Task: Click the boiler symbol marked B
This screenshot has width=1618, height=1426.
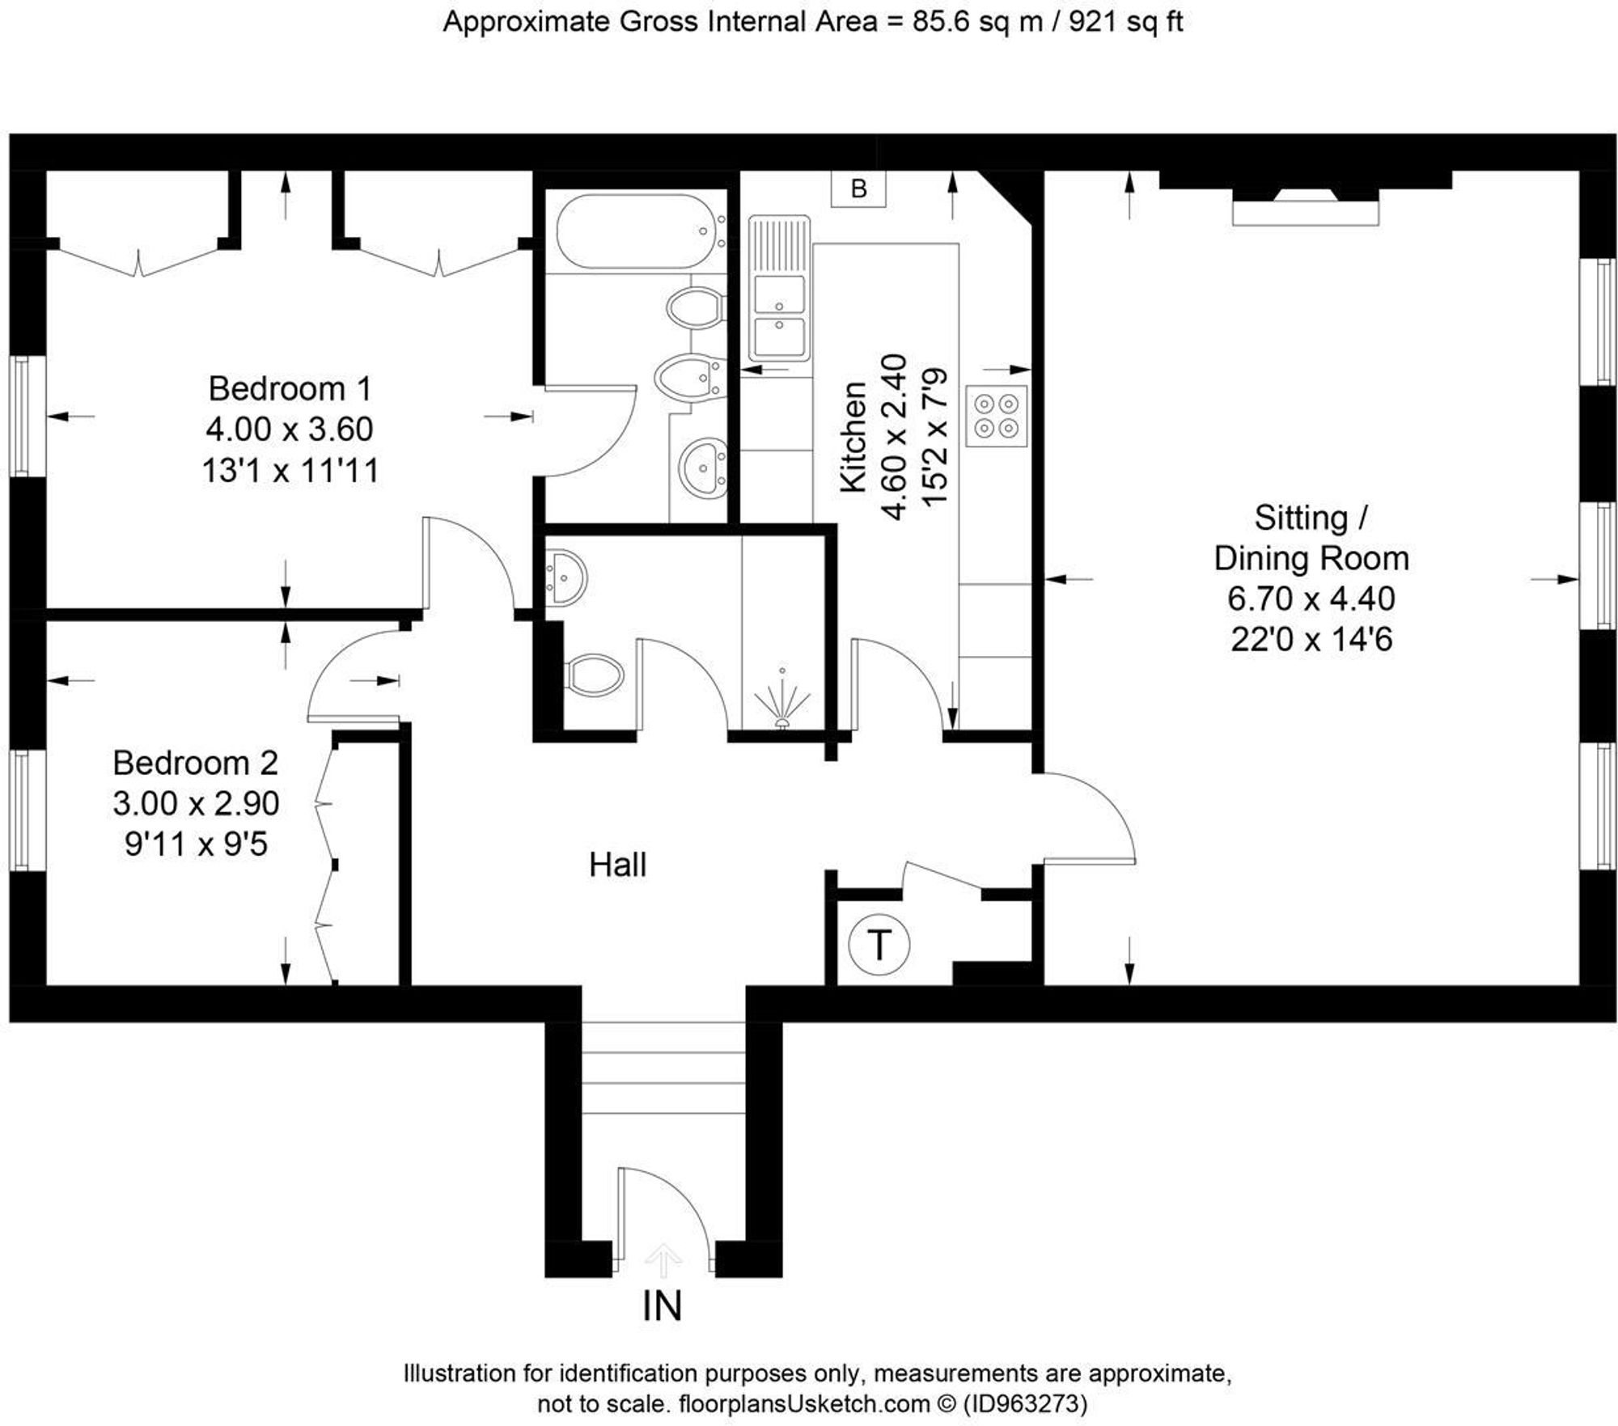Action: tap(858, 189)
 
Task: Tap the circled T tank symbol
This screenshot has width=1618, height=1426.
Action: tap(879, 944)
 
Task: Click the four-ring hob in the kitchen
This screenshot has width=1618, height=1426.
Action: tap(996, 416)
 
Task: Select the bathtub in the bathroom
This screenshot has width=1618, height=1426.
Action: tap(635, 231)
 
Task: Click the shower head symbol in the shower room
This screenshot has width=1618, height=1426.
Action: tap(781, 700)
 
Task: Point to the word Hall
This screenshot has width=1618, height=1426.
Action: tap(617, 865)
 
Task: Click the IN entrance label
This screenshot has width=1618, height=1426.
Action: tap(662, 1306)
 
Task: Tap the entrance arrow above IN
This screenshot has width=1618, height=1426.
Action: tap(663, 1260)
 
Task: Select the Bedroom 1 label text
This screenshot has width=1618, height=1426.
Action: tap(290, 389)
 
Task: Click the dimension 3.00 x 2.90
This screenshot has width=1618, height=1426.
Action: tap(196, 804)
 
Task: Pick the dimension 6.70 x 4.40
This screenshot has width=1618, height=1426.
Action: tap(1311, 599)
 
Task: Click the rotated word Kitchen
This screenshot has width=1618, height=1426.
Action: tap(853, 438)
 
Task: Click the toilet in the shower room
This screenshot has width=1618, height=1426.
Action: tap(595, 674)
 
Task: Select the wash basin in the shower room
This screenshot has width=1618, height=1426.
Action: tap(565, 578)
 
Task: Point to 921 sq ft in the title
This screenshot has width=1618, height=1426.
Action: tap(1125, 22)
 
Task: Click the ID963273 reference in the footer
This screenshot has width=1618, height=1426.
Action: tap(1023, 1403)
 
